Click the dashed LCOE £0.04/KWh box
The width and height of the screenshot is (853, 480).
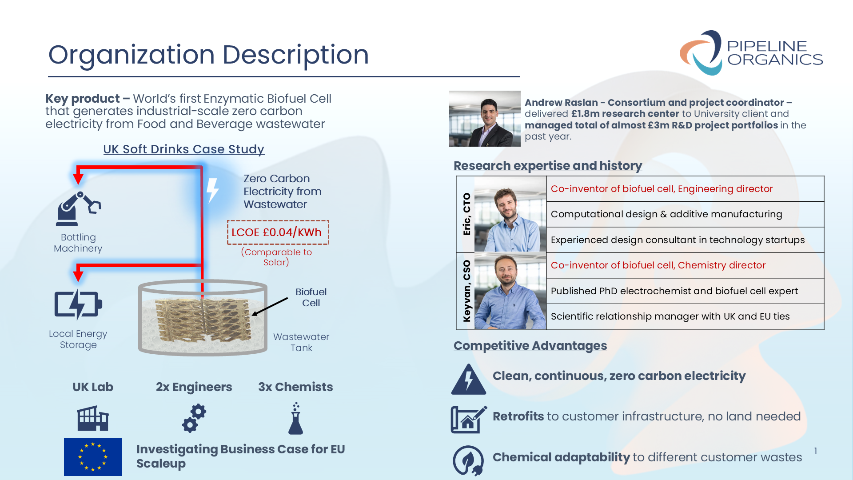[278, 232]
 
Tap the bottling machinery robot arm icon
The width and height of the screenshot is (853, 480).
[78, 209]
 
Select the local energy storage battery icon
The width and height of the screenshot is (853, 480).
[78, 304]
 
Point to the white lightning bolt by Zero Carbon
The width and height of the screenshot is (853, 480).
[213, 191]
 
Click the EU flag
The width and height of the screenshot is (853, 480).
[93, 456]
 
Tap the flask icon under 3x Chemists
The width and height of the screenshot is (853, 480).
[296, 418]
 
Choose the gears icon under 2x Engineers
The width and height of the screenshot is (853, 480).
[194, 418]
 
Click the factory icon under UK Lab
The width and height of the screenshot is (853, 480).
[93, 418]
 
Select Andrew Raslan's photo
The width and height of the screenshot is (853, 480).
[485, 119]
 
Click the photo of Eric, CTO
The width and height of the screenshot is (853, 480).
[510, 214]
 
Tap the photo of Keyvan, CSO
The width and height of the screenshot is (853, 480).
[510, 291]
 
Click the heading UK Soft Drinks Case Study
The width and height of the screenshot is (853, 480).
[184, 149]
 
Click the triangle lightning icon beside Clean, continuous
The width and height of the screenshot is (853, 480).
[469, 380]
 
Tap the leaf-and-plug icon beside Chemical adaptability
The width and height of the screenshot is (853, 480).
[468, 460]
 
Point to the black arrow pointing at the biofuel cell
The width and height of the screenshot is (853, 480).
[270, 307]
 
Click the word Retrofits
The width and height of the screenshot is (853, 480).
[518, 416]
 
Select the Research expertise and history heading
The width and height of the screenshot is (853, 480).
[548, 166]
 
